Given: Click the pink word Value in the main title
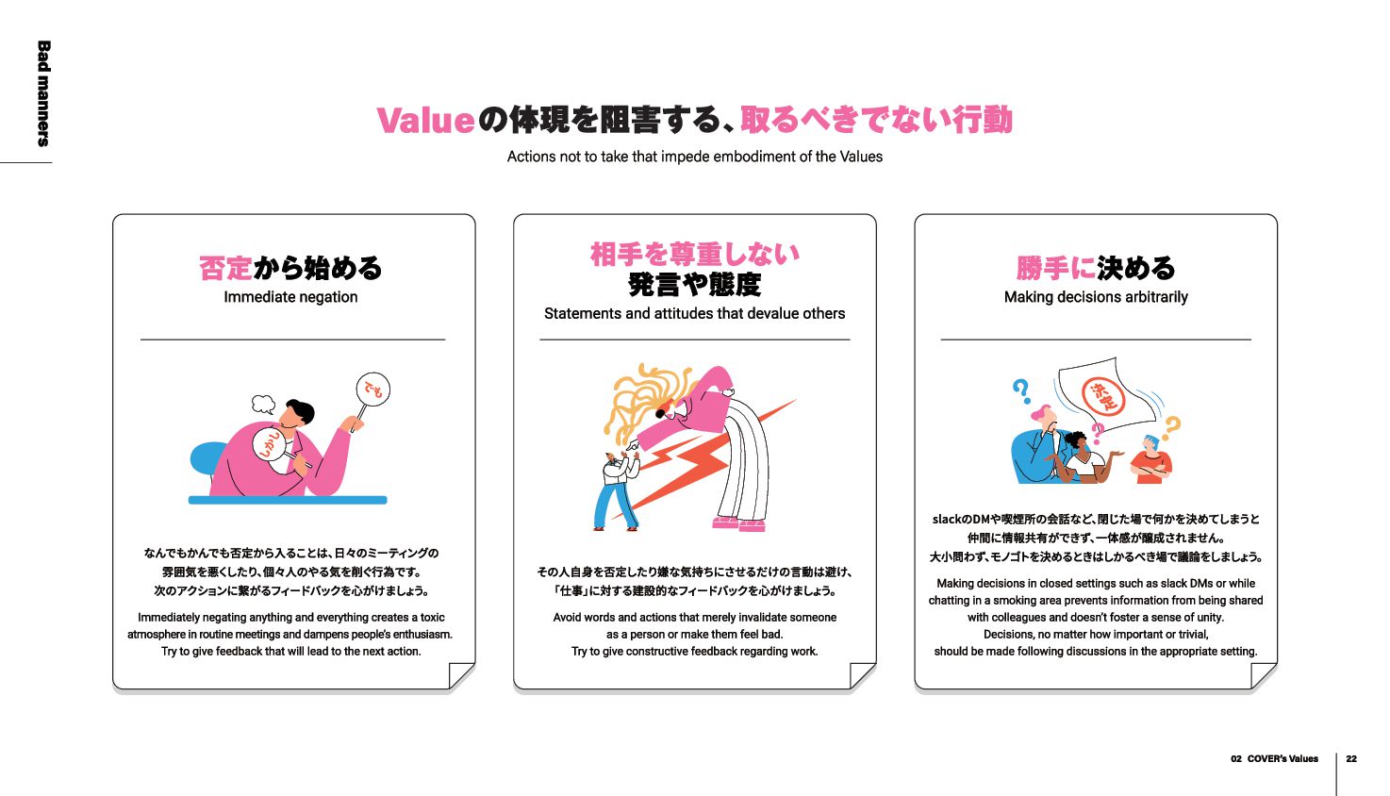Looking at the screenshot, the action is pyautogui.click(x=425, y=121).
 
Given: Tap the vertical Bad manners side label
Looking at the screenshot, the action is pyautogui.click(x=43, y=93).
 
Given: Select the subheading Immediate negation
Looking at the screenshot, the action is pyautogui.click(x=290, y=297).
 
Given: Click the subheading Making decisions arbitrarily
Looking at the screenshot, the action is pyautogui.click(x=1096, y=297).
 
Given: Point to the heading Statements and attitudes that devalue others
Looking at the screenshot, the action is pyautogui.click(x=694, y=313).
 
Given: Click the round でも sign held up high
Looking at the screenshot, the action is pyautogui.click(x=372, y=389).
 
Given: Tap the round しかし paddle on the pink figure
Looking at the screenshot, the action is pyautogui.click(x=270, y=445).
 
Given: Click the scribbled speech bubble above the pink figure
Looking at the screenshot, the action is pyautogui.click(x=264, y=404).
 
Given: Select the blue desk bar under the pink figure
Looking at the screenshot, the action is pyautogui.click(x=288, y=500).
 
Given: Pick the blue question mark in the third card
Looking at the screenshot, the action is pyautogui.click(x=1020, y=390).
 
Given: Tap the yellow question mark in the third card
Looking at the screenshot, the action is pyautogui.click(x=1171, y=427).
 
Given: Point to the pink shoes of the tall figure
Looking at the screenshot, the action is pyautogui.click(x=738, y=524).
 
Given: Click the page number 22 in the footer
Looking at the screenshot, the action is pyautogui.click(x=1351, y=759).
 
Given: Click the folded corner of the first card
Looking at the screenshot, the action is pyautogui.click(x=461, y=675).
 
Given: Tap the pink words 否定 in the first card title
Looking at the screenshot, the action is pyautogui.click(x=225, y=268).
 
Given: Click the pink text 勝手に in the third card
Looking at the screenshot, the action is pyautogui.click(x=1055, y=268).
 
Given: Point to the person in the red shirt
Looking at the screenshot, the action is pyautogui.click(x=1151, y=460).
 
